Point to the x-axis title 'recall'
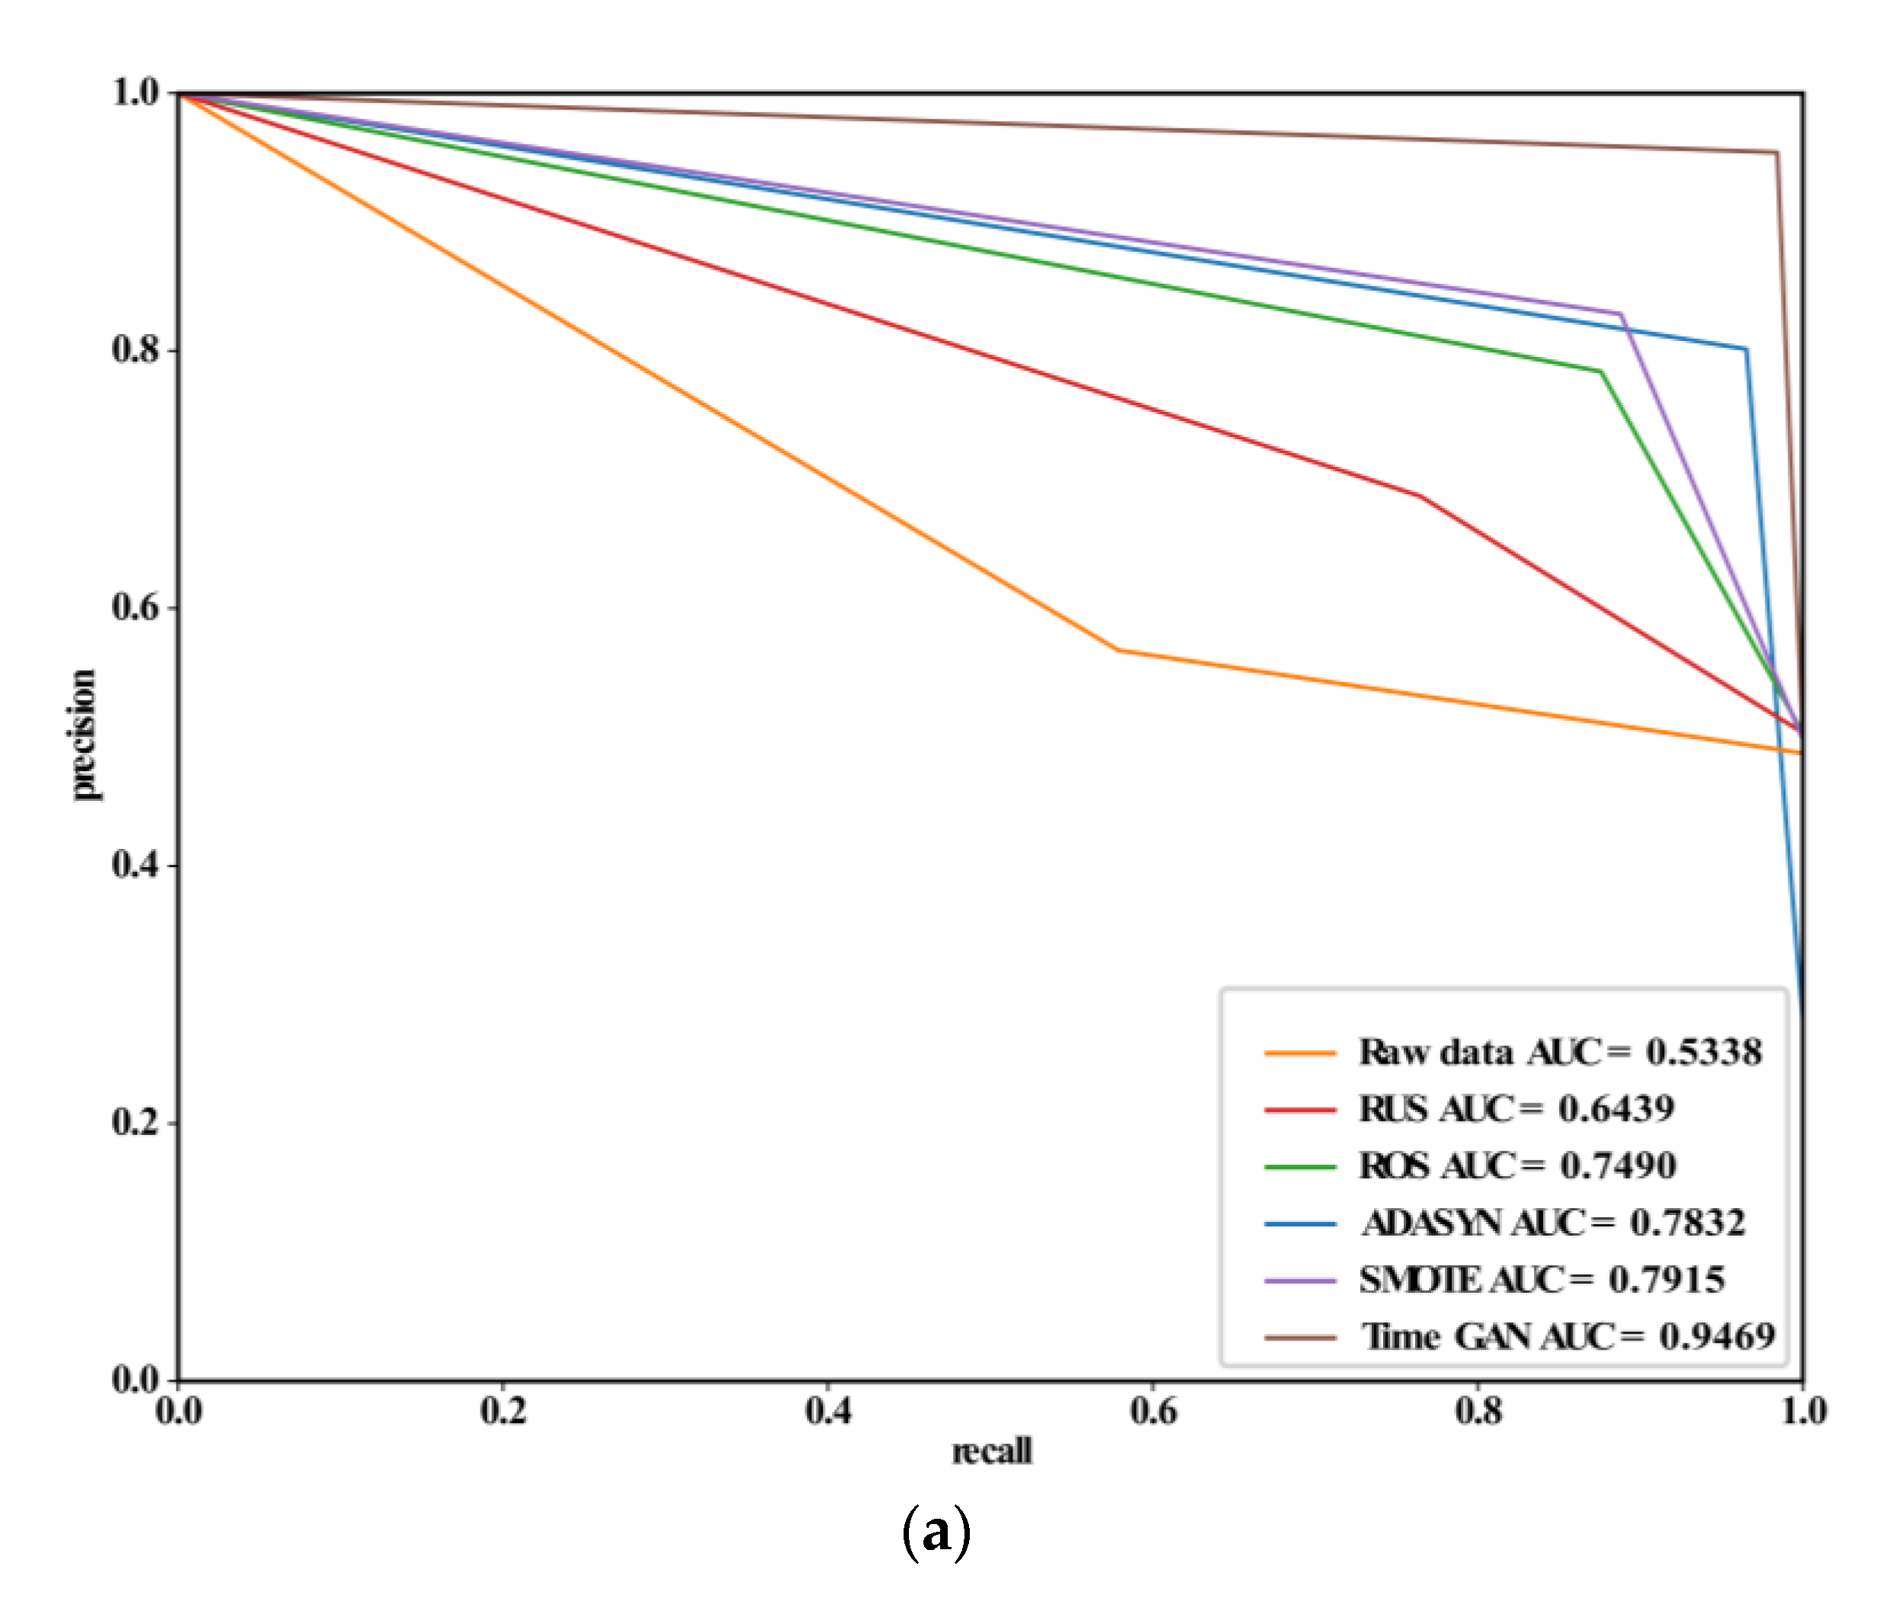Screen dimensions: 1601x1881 pyautogui.click(x=991, y=1451)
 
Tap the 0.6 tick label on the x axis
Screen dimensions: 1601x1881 pyautogui.click(x=1153, y=1412)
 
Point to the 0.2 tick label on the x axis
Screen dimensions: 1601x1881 pyautogui.click(x=504, y=1412)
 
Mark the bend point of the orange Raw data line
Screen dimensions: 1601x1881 pyautogui.click(x=1116, y=650)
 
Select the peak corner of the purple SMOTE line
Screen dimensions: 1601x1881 pyautogui.click(x=1621, y=314)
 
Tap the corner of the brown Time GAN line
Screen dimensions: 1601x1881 pyautogui.click(x=1776, y=152)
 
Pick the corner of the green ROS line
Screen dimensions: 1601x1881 pyautogui.click(x=1601, y=372)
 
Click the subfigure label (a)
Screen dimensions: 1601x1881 pyautogui.click(x=936, y=1535)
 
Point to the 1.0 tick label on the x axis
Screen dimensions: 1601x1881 pyautogui.click(x=1803, y=1412)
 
